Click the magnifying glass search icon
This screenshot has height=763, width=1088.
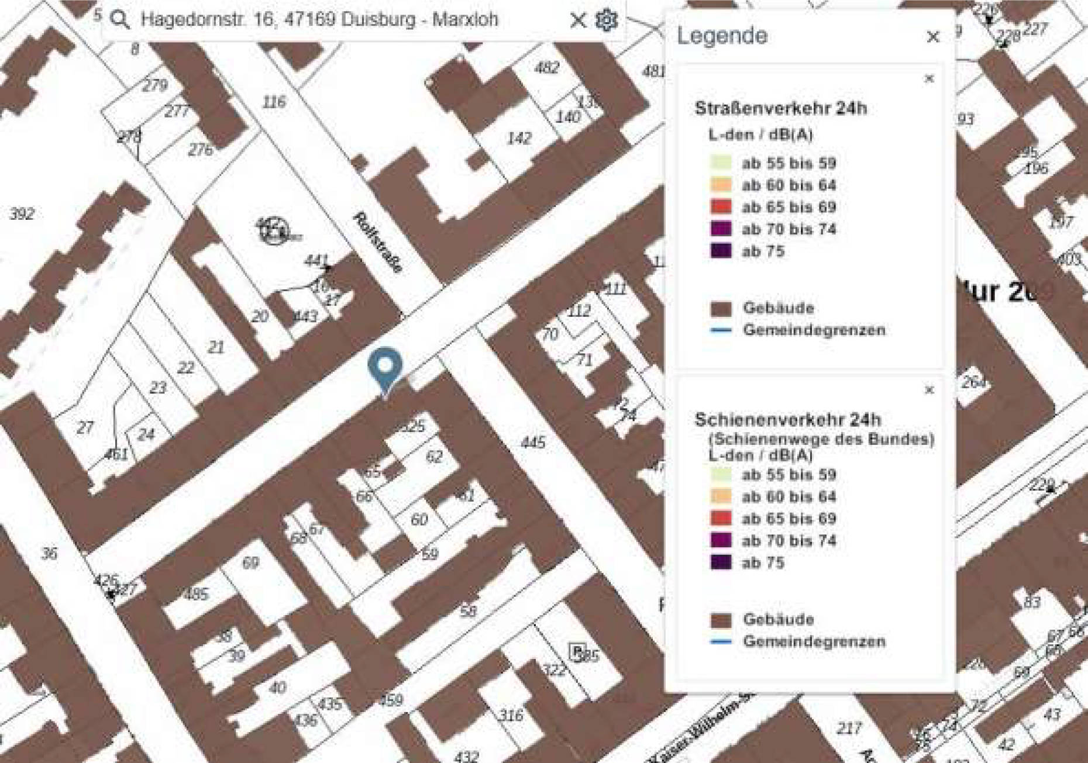point(120,20)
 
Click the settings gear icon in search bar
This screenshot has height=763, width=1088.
point(607,20)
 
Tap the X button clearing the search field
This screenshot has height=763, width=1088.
point(577,20)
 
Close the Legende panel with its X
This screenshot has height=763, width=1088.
point(932,37)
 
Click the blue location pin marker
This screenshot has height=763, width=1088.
point(385,367)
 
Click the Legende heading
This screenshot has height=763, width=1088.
point(722,36)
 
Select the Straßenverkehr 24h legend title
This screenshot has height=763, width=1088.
point(780,108)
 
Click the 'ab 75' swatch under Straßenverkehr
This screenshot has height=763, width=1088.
point(721,251)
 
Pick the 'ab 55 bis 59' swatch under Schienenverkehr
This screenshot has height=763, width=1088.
point(721,474)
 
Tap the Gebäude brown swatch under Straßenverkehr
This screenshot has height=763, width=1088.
point(721,308)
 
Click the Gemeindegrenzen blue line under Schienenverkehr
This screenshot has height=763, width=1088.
point(721,641)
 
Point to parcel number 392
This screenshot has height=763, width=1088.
point(22,214)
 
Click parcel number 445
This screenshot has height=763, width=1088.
point(533,443)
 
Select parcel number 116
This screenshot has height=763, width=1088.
point(274,102)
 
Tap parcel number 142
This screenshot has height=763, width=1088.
point(519,138)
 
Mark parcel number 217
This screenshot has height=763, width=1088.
point(848,728)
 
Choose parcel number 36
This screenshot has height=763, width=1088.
point(50,553)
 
